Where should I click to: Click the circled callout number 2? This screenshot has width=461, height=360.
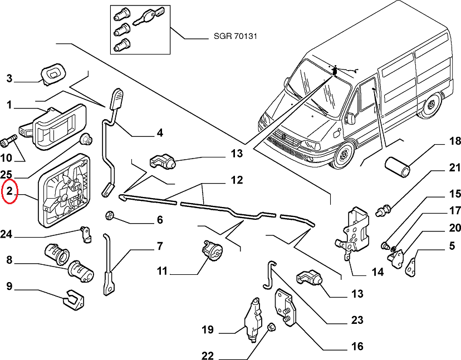point(9,193)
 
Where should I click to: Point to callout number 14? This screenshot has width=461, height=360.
point(377,272)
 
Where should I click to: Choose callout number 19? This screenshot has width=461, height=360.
point(207,330)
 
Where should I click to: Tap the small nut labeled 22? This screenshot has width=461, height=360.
point(272,327)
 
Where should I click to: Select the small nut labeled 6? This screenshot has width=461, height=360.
point(110,215)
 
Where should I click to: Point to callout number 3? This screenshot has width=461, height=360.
point(9,78)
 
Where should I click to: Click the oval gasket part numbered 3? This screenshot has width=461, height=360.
point(53,72)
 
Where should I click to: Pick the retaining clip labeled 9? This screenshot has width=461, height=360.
point(73,300)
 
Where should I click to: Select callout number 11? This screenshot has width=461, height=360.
point(162,272)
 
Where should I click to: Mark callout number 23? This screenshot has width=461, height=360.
point(357,320)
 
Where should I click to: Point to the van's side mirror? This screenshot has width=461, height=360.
point(350,117)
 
